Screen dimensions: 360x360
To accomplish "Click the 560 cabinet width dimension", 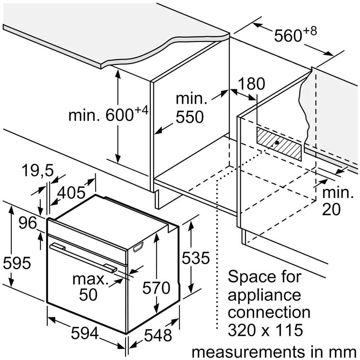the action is point(288,36).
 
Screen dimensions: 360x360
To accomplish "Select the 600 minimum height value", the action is point(120,115).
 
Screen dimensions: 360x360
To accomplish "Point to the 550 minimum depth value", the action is point(190,117).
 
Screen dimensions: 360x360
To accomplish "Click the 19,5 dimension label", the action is point(38,171).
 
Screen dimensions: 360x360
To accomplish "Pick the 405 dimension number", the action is point(71,192).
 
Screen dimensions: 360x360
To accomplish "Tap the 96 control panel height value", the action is point(28,223).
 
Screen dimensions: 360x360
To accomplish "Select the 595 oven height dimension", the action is point(17,263).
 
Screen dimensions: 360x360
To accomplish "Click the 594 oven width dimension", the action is point(85,333).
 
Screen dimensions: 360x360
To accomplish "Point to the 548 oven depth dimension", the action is point(158,335).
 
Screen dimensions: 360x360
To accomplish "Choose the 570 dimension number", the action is point(156,288).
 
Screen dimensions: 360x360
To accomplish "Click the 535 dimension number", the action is point(195,258).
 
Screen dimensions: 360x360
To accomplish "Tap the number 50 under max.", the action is point(89,295).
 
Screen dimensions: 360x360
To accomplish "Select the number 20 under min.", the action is point(331,209).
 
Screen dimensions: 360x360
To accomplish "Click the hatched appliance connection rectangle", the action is point(279,144).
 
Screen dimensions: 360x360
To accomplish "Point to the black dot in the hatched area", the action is point(277,143).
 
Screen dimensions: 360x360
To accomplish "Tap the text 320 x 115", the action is point(265,330).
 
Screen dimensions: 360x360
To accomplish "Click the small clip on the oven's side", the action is point(138,247).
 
